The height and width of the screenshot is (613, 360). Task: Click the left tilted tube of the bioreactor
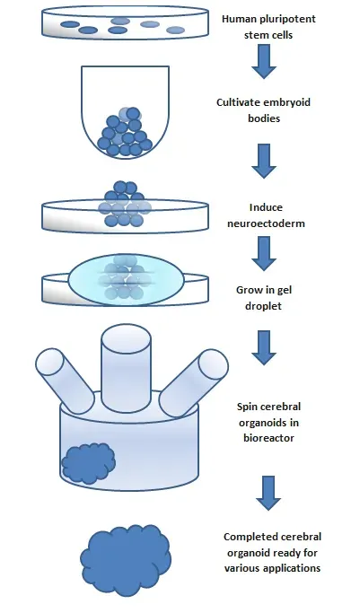click(x=65, y=372)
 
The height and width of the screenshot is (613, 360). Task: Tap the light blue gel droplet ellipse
click(x=126, y=278)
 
